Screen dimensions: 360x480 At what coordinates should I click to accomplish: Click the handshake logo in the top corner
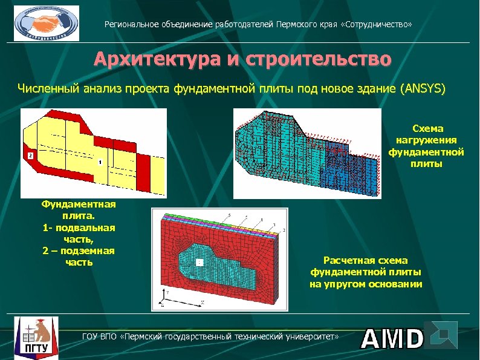pyautogui.click(x=47, y=23)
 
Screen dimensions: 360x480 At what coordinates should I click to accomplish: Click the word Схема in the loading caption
pyautogui.click(x=427, y=128)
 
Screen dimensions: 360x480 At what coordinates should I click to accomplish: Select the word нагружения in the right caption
pyautogui.click(x=427, y=140)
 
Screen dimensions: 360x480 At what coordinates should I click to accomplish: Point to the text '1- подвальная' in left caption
pyautogui.click(x=79, y=227)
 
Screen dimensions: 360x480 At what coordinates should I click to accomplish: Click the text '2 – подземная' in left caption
pyautogui.click(x=79, y=250)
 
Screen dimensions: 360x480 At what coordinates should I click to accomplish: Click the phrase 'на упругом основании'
pyautogui.click(x=366, y=284)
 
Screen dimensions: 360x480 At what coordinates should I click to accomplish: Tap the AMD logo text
pyautogui.click(x=392, y=339)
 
